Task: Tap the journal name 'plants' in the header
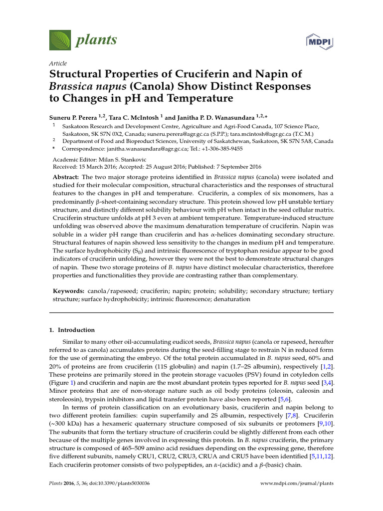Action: [x=96, y=39]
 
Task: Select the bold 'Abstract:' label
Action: [x=66, y=177]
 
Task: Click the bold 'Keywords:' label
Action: [x=69, y=290]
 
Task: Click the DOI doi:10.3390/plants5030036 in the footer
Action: [x=116, y=484]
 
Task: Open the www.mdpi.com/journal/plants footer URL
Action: [x=297, y=484]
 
